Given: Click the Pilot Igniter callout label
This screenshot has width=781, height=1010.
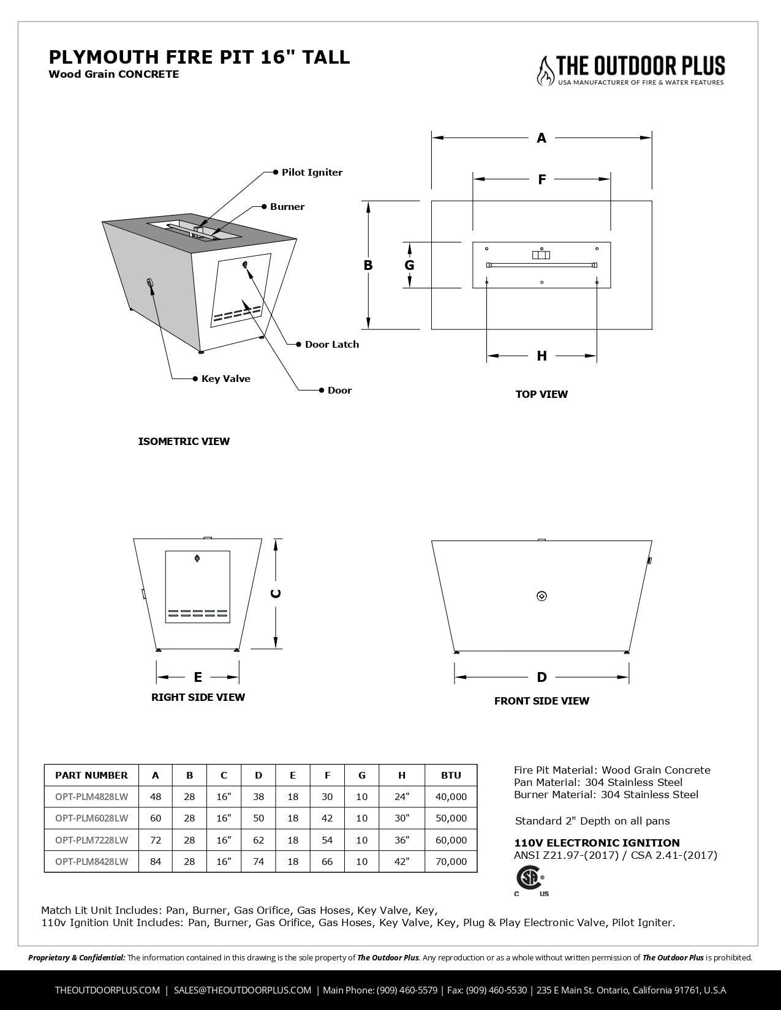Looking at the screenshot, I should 312,173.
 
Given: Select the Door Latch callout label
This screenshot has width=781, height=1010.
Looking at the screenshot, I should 331,345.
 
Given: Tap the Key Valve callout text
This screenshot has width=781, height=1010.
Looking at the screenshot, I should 225,379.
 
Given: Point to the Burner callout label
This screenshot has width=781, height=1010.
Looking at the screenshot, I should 287,207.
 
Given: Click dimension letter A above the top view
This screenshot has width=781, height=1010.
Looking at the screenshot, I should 541,138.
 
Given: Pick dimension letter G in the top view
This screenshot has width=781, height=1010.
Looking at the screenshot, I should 409,265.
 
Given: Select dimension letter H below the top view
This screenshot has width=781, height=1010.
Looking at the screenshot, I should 541,356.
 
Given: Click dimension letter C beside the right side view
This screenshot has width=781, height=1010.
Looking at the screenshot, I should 276,594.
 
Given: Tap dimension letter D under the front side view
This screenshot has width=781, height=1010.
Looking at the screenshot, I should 541,677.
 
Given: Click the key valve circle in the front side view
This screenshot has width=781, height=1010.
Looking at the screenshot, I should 541,596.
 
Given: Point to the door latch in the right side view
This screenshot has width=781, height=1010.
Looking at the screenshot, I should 197,558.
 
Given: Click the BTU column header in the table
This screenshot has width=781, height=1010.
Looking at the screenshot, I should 451,775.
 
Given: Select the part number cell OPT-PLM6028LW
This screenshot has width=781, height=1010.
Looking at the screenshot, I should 91,818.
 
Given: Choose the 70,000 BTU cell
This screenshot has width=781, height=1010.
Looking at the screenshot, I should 451,861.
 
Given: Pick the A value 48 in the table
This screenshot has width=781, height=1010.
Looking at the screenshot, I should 156,796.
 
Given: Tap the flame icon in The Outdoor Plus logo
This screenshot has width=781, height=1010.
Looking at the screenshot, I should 544,70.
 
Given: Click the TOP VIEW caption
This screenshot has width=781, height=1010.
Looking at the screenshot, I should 541,394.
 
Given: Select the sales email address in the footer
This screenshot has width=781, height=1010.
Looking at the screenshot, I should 243,990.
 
